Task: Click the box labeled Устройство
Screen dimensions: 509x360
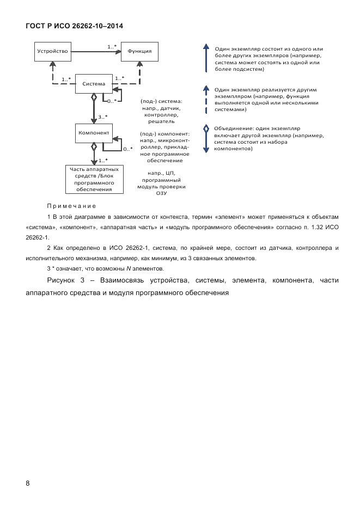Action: pyautogui.click(x=52, y=52)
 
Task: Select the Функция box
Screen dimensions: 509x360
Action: pyautogui.click(x=139, y=52)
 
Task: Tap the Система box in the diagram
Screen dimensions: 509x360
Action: pyautogui.click(x=93, y=84)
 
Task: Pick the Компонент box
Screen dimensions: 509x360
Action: pyautogui.click(x=94, y=133)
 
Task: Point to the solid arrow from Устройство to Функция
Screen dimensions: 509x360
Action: pyautogui.click(x=95, y=52)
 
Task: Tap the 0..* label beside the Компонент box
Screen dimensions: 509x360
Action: pyautogui.click(x=127, y=149)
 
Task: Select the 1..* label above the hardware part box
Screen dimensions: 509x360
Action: pyautogui.click(x=102, y=160)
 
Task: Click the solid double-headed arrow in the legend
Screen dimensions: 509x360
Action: pyautogui.click(x=205, y=59)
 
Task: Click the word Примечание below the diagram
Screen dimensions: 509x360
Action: pyautogui.click(x=71, y=206)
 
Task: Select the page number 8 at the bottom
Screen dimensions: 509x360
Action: pyautogui.click(x=28, y=483)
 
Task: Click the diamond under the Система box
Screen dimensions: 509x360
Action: pyautogui.click(x=94, y=97)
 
